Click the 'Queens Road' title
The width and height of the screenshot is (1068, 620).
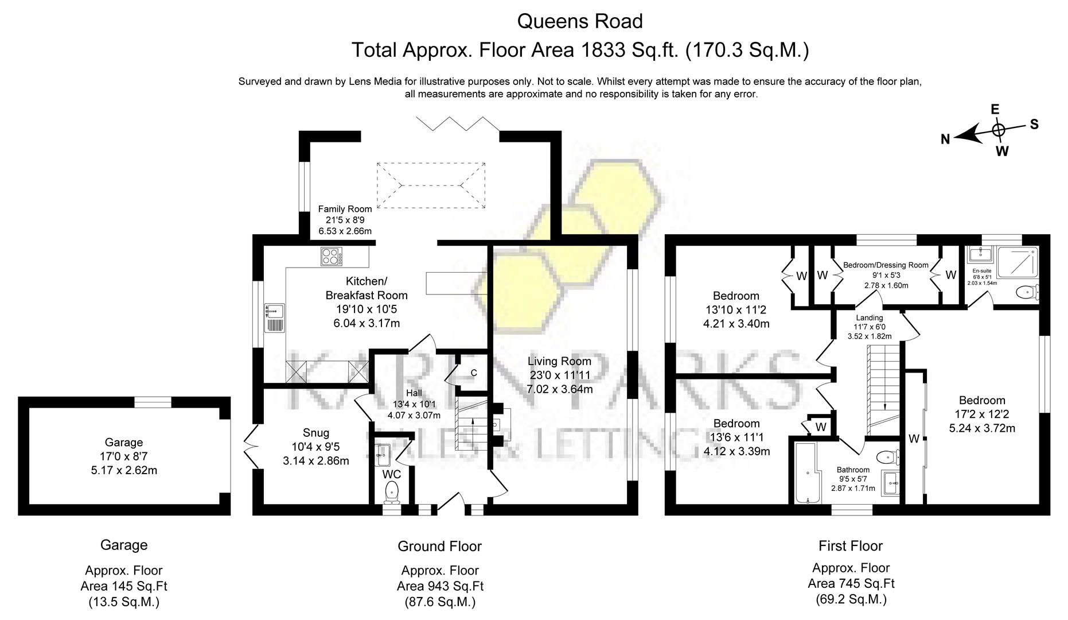click(580, 21)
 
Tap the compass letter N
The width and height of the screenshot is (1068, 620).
click(945, 139)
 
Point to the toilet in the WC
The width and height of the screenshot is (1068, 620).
click(392, 491)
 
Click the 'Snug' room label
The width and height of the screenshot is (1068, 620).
click(315, 433)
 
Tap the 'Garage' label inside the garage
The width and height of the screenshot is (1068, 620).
click(124, 443)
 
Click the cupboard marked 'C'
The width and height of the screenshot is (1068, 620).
click(473, 373)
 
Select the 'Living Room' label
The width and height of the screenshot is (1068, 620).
click(559, 361)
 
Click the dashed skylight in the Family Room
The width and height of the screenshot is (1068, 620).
click(431, 185)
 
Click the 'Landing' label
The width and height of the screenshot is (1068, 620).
click(869, 317)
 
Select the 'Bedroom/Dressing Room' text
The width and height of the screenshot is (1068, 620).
click(886, 265)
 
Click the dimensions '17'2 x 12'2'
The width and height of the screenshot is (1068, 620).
click(981, 414)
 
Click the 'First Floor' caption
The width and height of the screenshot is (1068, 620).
click(850, 546)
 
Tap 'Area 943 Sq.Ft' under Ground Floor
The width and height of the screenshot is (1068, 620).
click(439, 586)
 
